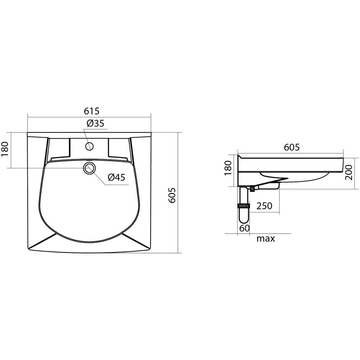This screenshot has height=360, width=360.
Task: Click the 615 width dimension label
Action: pyautogui.click(x=91, y=111)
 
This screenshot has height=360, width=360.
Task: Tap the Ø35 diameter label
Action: pyautogui.click(x=95, y=123)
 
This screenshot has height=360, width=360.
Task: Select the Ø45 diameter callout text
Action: pyautogui.click(x=117, y=177)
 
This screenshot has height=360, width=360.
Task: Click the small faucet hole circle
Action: pyautogui.click(x=89, y=146)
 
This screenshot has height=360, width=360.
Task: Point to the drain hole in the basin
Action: pyautogui.click(x=90, y=168)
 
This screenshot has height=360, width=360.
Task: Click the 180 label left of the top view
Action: pyautogui.click(x=5, y=149)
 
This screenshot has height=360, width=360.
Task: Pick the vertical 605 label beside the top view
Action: pyautogui.click(x=172, y=195)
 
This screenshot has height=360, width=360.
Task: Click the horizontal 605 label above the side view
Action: pyautogui.click(x=292, y=147)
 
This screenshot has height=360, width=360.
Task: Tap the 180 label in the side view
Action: pyautogui.click(x=228, y=168)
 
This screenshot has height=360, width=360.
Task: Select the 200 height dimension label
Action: pyautogui.click(x=349, y=172)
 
